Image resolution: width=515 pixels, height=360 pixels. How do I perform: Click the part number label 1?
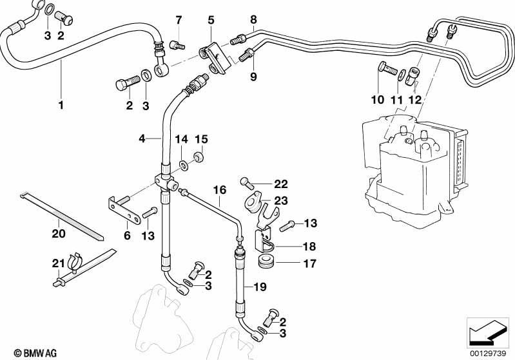pos(61,106)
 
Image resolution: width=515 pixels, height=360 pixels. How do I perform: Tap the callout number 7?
pos(179,21)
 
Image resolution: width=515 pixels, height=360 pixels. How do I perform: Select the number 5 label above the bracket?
pos(211,21)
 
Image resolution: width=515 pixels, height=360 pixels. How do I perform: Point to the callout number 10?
pos(378,99)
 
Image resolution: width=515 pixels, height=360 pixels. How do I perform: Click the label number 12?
pos(414,99)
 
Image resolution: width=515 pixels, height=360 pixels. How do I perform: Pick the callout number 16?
pos(220,190)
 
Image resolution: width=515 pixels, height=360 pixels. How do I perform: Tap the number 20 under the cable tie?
pos(59,234)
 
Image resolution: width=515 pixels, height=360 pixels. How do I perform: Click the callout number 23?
pos(281,200)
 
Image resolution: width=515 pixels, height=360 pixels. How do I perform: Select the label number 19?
pos(260,287)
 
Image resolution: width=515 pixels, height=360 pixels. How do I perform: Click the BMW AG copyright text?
pos(35,353)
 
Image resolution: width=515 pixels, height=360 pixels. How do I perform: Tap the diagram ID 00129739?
pos(487,354)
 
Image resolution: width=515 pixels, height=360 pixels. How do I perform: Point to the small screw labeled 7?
pos(177,44)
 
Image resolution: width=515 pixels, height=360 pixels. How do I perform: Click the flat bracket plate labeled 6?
pos(124,211)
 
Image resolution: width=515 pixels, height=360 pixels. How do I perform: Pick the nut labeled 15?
pos(198,156)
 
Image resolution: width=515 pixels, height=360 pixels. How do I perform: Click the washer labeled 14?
pos(184,165)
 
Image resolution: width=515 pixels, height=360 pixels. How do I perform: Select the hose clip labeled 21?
pos(74,261)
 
